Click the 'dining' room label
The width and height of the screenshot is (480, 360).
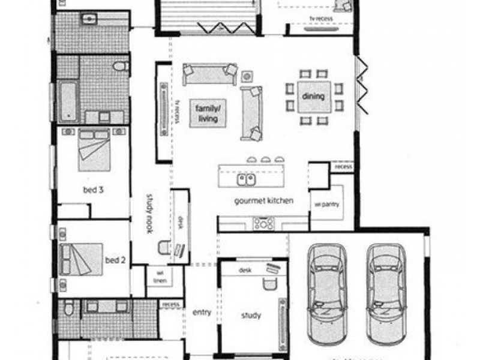pos(313,97)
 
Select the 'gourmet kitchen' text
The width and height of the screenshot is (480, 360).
pos(263,200)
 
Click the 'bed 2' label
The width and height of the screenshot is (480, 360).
pos(115,260)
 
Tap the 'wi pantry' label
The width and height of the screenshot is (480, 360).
pos(326,205)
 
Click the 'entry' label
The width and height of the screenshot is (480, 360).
pos(201,313)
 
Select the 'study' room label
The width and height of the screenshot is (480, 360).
pos(251,316)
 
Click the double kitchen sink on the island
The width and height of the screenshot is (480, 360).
pos(247,179)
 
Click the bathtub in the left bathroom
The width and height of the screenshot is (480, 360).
pos(68,101)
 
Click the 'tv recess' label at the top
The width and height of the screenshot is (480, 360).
pos(321,19)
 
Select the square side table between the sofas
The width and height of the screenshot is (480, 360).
pos(247,77)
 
